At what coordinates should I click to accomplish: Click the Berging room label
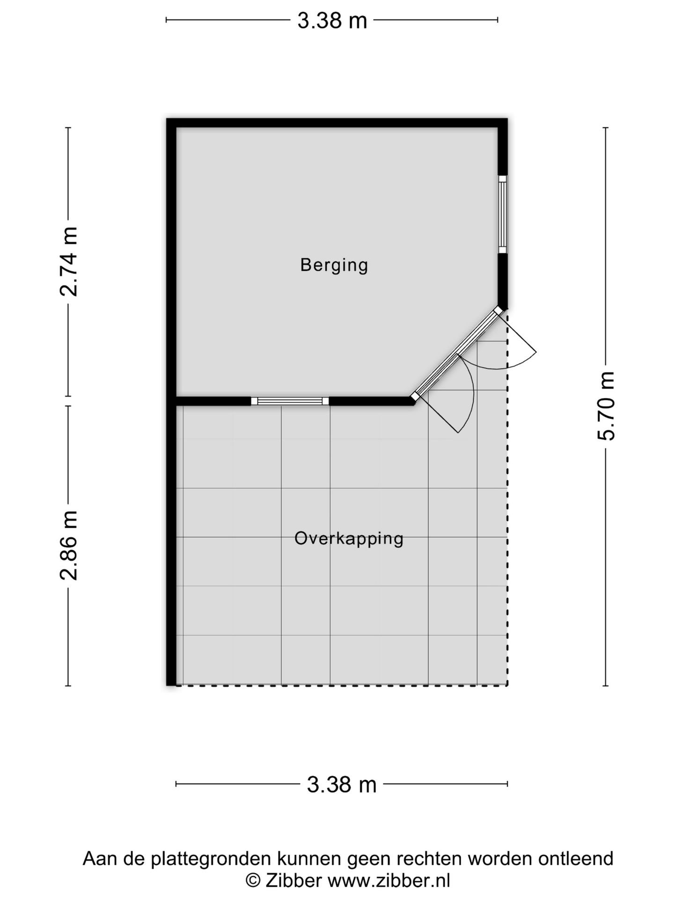(334, 265)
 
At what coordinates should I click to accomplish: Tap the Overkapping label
(349, 538)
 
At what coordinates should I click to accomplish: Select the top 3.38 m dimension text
(332, 21)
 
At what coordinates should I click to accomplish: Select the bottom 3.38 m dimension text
(342, 784)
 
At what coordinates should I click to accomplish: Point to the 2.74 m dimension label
(69, 261)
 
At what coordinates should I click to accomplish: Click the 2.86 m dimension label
(69, 545)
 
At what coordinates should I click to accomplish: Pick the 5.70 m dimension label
(605, 405)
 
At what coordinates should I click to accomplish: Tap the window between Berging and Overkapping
(290, 401)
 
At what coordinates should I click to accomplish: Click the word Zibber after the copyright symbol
(293, 881)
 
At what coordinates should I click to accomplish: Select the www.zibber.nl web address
(388, 881)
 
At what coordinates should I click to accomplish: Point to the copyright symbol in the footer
(253, 881)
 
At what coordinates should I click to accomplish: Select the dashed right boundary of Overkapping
(507, 538)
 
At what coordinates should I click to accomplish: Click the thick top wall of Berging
(337, 123)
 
